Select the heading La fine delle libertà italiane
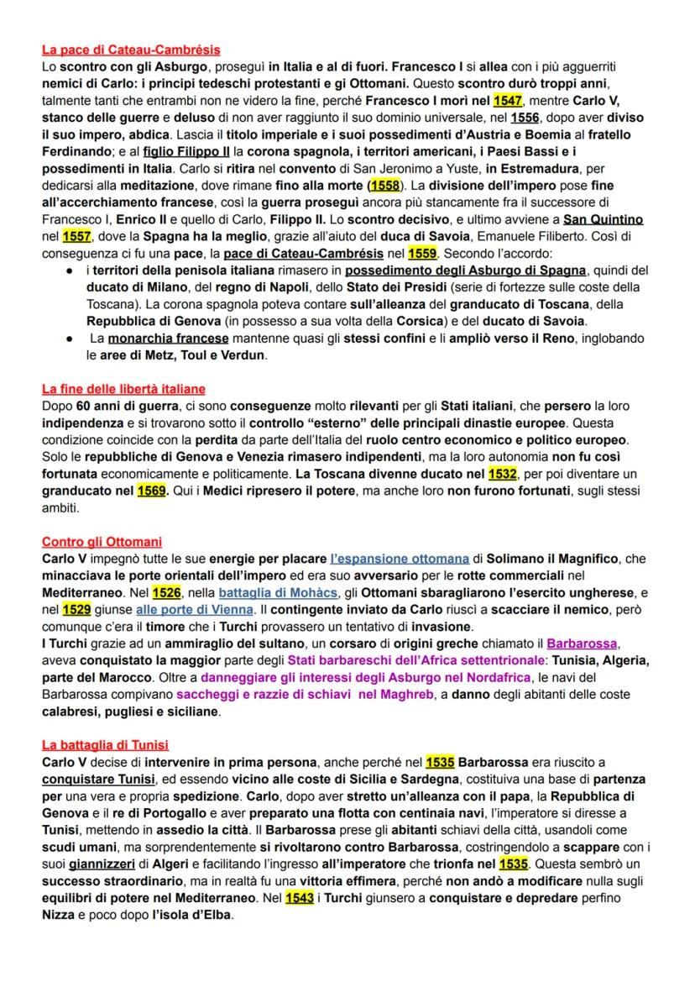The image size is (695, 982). [123, 389]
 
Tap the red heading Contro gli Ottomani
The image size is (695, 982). [102, 542]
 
